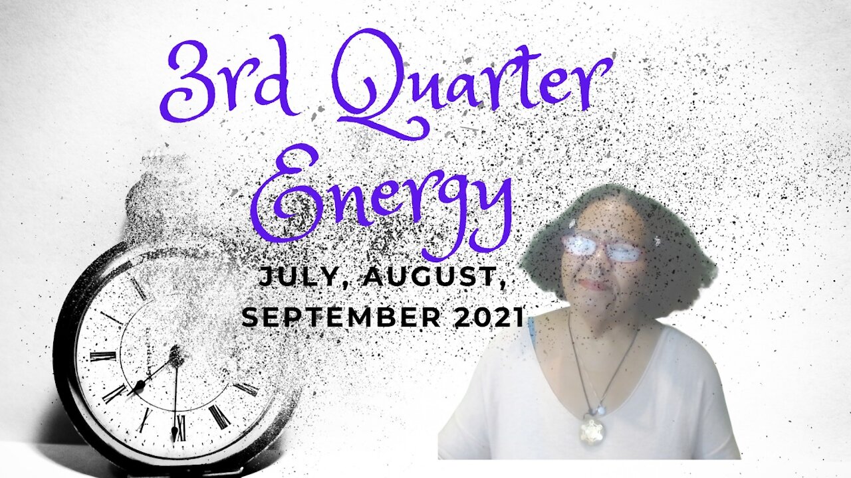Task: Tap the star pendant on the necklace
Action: point(591,430)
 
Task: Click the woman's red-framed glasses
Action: point(602,248)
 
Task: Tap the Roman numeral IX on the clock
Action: point(102,356)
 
